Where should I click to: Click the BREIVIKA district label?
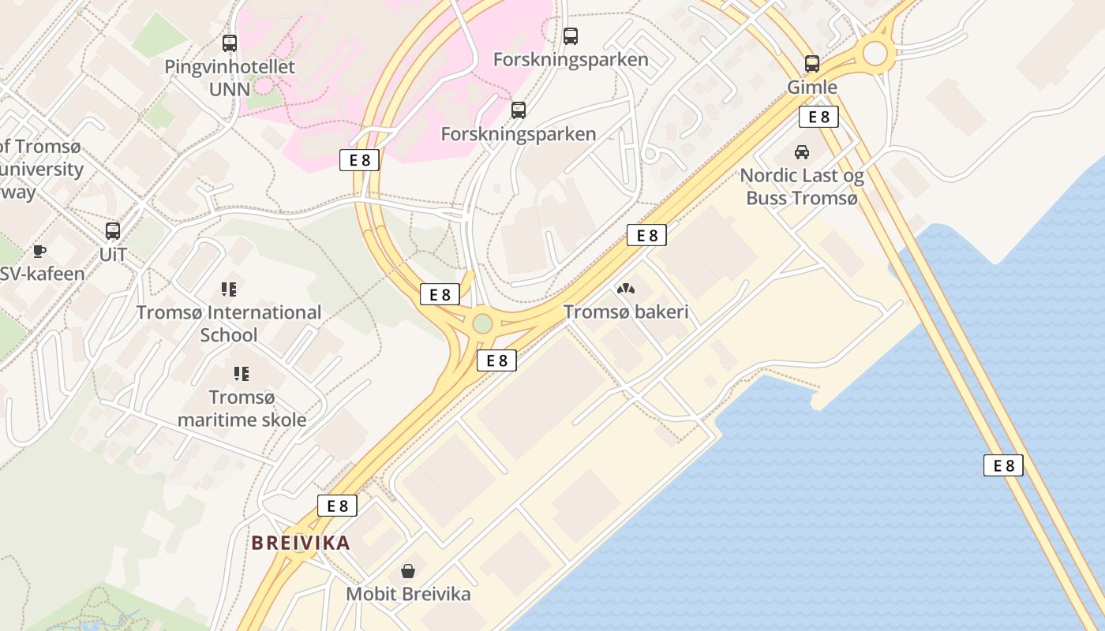click(301, 543)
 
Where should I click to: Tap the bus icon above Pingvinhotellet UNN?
click(230, 43)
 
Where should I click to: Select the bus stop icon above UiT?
click(113, 231)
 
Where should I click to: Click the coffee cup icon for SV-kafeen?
click(39, 252)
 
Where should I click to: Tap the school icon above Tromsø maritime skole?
click(242, 373)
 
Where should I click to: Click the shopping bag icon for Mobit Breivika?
click(408, 570)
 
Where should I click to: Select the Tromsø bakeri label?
click(626, 312)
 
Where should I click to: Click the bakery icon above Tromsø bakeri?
click(625, 289)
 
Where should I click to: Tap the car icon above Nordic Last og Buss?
click(802, 152)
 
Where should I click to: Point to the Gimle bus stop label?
click(812, 87)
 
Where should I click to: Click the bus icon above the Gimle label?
click(812, 64)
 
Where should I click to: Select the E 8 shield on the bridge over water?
click(1003, 465)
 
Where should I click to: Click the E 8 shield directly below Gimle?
click(818, 117)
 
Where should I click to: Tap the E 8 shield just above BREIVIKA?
click(337, 506)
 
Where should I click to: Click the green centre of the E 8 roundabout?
click(482, 323)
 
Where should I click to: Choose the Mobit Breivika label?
click(408, 594)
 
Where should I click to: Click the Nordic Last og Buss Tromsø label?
click(802, 187)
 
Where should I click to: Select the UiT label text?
click(113, 255)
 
